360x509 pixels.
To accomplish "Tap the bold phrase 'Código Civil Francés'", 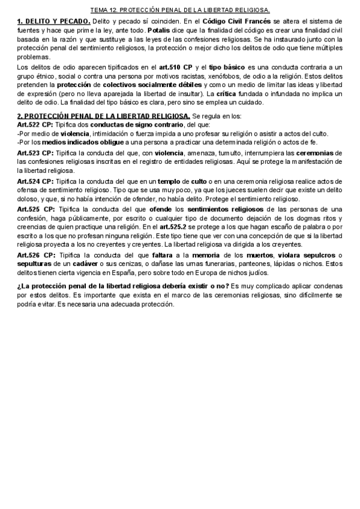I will [x=236, y=21].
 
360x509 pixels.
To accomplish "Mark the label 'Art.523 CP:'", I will [x=35, y=153].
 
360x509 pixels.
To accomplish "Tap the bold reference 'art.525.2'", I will [x=173, y=227].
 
